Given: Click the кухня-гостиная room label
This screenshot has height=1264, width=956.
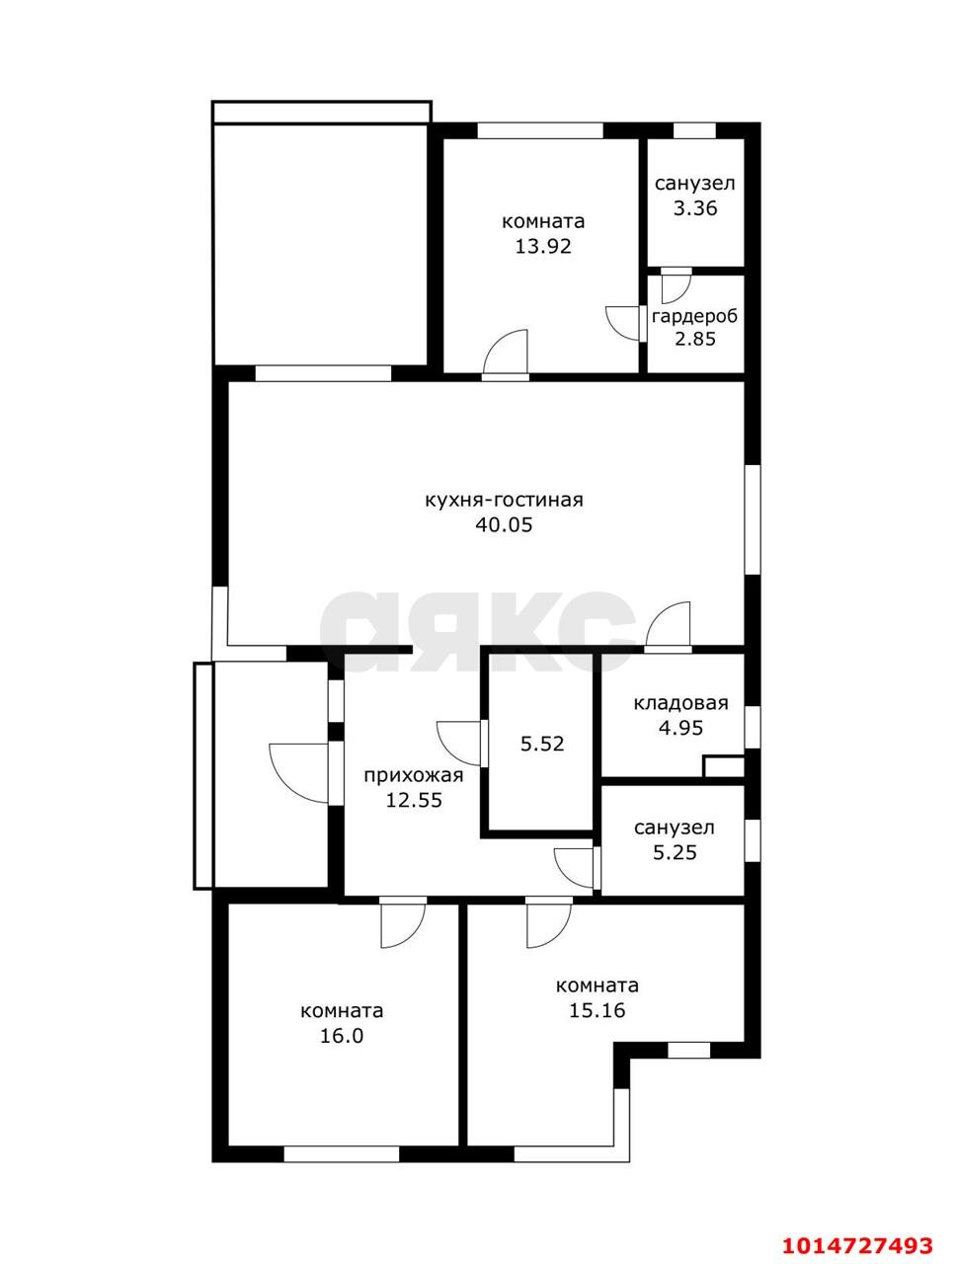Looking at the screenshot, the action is click(504, 500).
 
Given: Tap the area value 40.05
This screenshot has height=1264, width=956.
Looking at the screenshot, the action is click(504, 524).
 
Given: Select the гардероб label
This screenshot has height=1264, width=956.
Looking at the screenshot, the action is click(694, 316).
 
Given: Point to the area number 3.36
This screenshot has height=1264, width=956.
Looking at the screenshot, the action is click(695, 208).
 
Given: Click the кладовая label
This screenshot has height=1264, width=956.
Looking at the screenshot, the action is click(680, 703).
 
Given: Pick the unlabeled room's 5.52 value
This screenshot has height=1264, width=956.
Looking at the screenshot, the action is click(542, 744).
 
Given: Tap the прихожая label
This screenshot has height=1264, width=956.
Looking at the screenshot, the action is click(414, 775).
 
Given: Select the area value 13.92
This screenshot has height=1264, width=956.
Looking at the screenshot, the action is click(543, 247).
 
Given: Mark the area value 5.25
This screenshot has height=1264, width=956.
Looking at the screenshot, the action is click(675, 852).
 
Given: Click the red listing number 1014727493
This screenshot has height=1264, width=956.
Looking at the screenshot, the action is click(856, 1227).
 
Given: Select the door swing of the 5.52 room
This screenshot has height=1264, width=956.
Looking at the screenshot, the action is click(458, 744).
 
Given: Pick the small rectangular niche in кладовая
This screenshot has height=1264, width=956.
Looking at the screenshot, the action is click(723, 766).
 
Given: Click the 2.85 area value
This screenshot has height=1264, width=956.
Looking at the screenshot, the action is click(695, 339).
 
